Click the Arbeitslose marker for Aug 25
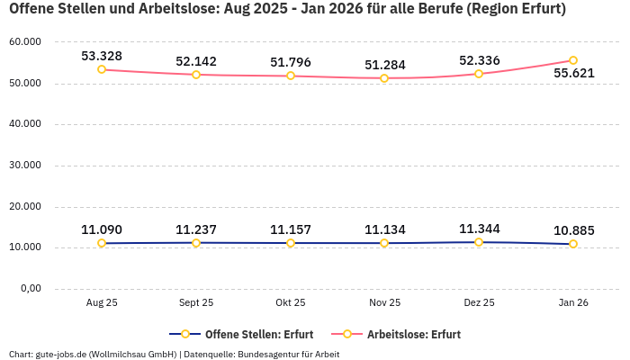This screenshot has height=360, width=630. pos(102,69)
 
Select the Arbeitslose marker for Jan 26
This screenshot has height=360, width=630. pos(573,60)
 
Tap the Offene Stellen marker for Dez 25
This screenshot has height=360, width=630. pos(479,242)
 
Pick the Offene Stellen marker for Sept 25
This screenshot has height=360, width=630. pos(196,243)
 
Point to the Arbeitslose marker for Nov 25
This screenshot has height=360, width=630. pos(384,78)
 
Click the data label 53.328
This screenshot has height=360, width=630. pos(102,56)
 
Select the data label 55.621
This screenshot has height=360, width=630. pos(573,74)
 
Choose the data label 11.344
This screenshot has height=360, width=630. pos(479,229)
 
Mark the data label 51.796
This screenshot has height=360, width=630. pos(290,62)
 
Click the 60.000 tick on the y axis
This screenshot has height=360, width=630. pos(24,42)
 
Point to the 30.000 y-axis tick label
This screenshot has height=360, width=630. pos(24,166)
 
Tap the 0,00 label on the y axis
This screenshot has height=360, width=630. pos(31,289)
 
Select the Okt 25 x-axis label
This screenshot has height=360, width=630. pos(290,303)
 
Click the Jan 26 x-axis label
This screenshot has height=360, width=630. pos(573,303)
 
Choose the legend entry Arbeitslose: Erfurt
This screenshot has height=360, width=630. pos(414,334)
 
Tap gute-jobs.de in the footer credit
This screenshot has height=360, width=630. pos(61,355)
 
